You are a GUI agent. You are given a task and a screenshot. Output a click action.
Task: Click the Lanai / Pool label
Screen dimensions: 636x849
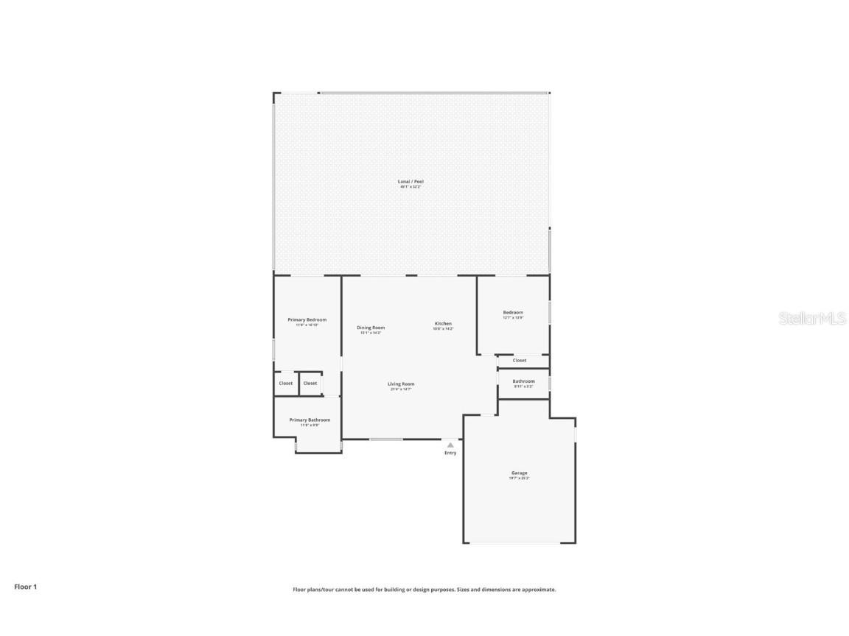pos(411,181)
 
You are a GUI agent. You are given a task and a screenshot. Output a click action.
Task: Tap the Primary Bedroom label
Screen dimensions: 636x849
pos(307,319)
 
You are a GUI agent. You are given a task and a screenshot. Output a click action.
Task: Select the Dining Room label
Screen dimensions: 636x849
pos(371,328)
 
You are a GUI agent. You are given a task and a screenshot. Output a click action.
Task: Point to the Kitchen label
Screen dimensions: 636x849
pos(443,324)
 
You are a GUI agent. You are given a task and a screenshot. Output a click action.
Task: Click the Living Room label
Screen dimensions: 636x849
pos(401,384)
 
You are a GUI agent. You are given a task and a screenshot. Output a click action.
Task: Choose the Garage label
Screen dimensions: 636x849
pos(520,473)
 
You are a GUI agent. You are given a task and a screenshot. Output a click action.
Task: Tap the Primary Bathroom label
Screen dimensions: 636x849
pos(310,420)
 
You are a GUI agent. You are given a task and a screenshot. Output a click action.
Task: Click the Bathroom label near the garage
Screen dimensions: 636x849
pos(523,381)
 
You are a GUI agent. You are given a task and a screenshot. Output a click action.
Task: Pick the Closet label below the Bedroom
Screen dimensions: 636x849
pos(520,360)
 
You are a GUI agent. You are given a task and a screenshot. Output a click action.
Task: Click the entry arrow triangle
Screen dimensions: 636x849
pos(450,445)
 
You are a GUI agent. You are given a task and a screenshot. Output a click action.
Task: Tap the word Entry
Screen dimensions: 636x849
pos(450,453)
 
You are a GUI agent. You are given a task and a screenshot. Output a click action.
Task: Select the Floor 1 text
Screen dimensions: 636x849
pos(25,587)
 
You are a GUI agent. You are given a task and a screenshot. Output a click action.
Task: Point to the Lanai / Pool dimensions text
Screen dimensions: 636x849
pos(411,187)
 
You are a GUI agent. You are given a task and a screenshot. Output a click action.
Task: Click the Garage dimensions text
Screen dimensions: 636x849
pos(520,478)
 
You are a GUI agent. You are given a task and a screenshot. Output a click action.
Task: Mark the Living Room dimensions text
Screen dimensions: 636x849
pos(401,389)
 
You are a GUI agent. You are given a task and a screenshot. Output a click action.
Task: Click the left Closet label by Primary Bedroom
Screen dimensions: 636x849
pos(285,383)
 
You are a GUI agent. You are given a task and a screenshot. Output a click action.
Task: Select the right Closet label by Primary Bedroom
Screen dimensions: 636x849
pos(310,383)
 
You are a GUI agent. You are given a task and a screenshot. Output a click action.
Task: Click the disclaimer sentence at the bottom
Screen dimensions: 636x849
pos(424,590)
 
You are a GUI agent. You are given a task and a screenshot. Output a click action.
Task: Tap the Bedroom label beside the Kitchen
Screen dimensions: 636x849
pos(513,312)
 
